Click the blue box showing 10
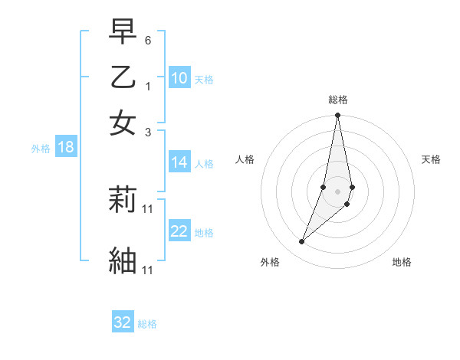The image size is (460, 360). click(179, 79)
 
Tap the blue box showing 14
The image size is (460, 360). click(179, 162)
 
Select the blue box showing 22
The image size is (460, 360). click(179, 232)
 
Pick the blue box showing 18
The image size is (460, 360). click(66, 148)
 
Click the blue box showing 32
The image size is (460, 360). click(123, 322)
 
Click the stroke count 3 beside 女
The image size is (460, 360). click(148, 132)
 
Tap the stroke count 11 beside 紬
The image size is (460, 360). click(148, 270)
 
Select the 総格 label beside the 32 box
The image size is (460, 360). click(147, 324)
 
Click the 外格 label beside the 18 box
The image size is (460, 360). click(41, 149)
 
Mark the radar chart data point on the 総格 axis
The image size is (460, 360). click(337, 116)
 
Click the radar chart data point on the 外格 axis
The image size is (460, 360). click(301, 242)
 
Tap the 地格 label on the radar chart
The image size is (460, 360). click(402, 263)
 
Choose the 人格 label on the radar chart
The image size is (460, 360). click(245, 159)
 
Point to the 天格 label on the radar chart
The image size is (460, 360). click(431, 159)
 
